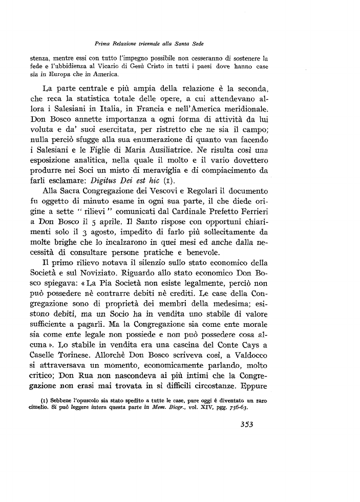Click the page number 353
coord(247,452)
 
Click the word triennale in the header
coord(138,44)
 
